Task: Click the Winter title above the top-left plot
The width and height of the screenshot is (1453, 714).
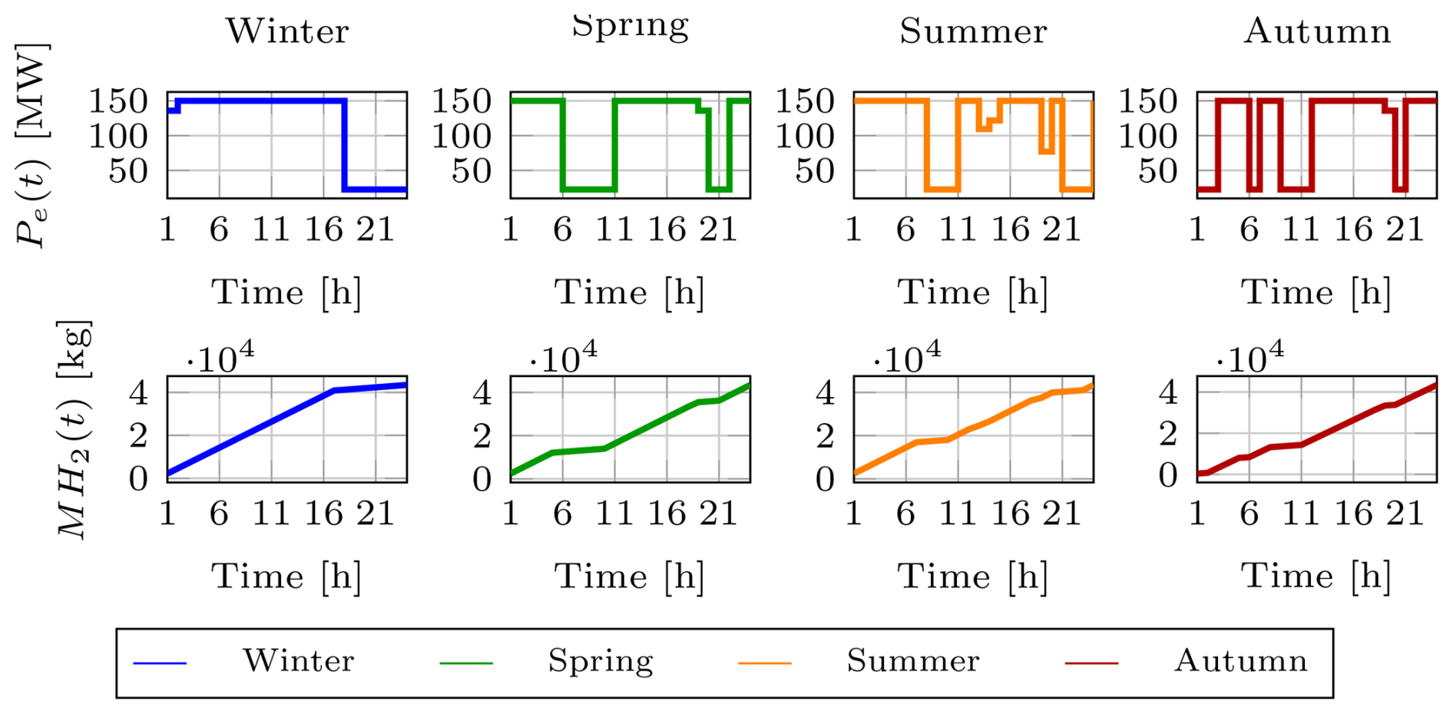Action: click(287, 31)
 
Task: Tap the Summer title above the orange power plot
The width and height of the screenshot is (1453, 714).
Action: click(973, 31)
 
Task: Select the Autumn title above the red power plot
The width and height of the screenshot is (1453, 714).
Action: click(1317, 31)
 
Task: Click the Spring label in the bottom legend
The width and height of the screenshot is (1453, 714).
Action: click(601, 661)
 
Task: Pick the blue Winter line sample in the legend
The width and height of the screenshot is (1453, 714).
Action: click(160, 663)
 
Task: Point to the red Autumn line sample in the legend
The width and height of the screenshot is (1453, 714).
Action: click(1091, 663)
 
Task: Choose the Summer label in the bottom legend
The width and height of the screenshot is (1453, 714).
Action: click(913, 661)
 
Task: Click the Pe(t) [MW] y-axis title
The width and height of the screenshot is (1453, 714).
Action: click(32, 144)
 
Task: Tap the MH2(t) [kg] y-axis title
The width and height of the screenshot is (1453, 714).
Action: click(74, 430)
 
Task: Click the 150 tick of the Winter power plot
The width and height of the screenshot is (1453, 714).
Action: click(118, 101)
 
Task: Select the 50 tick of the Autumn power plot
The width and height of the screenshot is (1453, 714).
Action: click(1157, 171)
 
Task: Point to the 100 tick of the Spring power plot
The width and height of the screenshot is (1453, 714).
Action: click(461, 137)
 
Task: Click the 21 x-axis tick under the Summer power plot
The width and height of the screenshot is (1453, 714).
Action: click(1061, 230)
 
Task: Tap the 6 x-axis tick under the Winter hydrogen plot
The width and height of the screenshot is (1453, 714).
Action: click(219, 514)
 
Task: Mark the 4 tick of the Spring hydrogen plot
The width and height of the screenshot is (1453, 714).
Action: click(482, 393)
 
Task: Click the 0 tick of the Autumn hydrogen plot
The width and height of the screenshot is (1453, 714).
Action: click(1168, 477)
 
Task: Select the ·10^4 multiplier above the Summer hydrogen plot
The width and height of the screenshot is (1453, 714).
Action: click(907, 357)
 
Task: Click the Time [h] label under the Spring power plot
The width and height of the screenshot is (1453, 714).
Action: click(630, 293)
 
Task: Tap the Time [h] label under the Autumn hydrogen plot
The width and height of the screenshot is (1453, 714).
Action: click(1316, 577)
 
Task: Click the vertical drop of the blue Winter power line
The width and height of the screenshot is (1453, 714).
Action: click(345, 146)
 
